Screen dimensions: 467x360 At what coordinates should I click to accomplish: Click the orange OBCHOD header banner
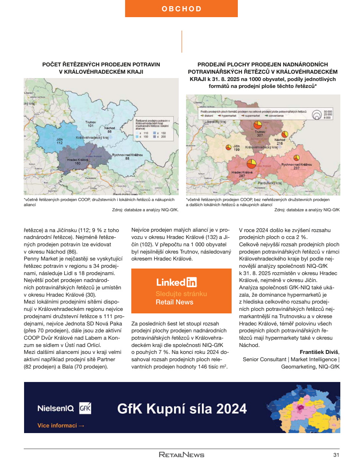[181, 9]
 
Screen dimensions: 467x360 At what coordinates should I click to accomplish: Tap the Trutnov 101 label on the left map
[90, 124]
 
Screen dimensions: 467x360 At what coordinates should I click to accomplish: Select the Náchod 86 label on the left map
[109, 130]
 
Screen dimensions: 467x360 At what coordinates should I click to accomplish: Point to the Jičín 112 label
[59, 141]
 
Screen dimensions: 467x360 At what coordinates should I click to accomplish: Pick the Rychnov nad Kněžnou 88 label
[127, 157]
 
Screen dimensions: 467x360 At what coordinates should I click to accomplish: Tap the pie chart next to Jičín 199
[229, 147]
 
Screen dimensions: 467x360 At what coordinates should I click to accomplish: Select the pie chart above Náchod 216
[284, 134]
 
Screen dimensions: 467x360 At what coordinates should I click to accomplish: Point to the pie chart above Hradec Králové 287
[251, 163]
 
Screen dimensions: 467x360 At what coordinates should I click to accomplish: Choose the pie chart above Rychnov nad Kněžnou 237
[297, 158]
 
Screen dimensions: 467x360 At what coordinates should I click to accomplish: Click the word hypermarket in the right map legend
[229, 116]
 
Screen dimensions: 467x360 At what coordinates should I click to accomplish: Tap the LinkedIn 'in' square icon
[191, 282]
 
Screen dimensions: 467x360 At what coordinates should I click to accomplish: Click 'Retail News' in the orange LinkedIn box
[174, 302]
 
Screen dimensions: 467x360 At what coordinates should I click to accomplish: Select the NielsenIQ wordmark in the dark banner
[55, 408]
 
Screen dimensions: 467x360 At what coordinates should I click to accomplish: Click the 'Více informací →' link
[61, 425]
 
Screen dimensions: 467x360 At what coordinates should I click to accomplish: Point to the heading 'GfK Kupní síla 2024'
[182, 409]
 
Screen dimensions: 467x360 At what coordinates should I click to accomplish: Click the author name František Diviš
[319, 352]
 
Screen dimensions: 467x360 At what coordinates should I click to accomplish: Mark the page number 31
[336, 455]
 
